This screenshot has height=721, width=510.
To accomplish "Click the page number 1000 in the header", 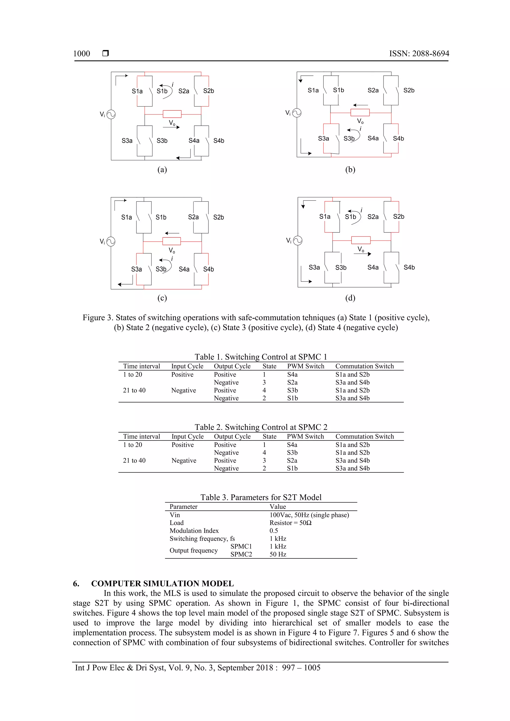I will pos(81,54).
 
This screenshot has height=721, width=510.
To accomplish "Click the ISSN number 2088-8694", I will pos(430,54).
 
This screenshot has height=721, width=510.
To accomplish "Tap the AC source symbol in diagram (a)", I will pos(111,114).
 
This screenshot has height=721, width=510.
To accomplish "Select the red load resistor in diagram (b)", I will pos(360,112).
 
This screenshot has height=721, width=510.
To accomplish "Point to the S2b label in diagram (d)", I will pos(398,217).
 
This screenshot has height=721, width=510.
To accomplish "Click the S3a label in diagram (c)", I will pos(136,269).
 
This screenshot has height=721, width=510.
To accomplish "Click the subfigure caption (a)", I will pos(162,170).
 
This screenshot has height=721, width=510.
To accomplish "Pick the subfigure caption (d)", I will pos(350,298).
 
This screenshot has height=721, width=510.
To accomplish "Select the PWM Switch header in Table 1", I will pos(306,366).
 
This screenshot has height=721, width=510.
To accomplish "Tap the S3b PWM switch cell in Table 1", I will pos(292,390).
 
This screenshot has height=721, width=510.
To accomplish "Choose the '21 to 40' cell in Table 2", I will pos(134,460).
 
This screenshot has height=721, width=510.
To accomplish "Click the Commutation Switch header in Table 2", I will pos(365,437).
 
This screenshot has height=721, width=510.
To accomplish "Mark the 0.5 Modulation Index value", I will pos(273,531).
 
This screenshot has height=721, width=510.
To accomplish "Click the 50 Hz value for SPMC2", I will pos(278,554).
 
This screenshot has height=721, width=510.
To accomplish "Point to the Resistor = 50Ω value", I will pos(290,523).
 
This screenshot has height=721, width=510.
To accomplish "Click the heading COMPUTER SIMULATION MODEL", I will pos(162,583).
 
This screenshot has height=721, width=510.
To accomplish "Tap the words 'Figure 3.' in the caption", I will pos(97,318).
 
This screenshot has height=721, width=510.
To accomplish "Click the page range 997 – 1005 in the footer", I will pos(301,668).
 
